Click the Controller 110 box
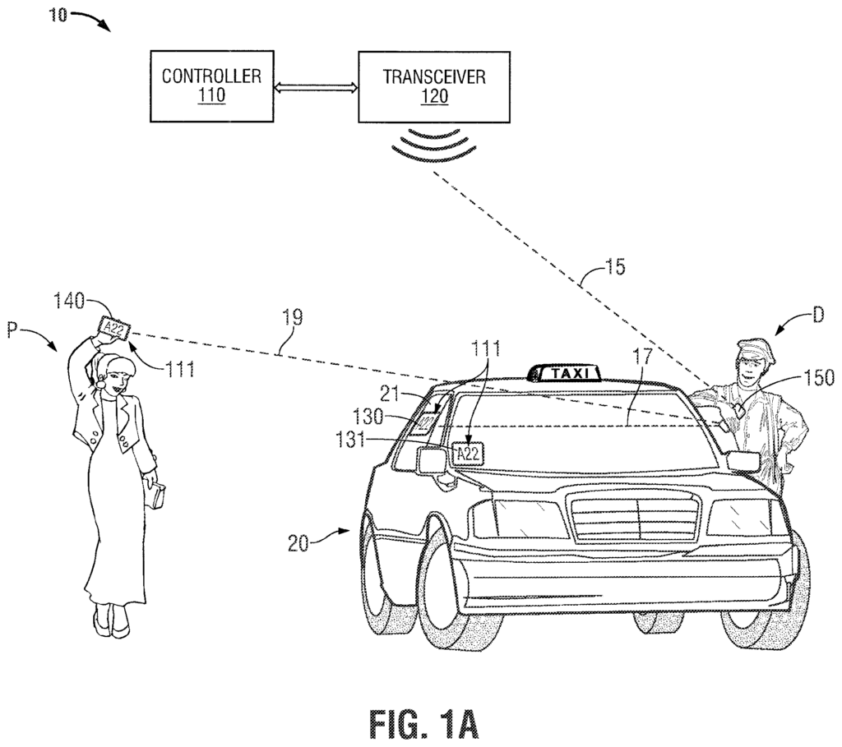pyautogui.click(x=212, y=86)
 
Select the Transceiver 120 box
pyautogui.click(x=434, y=86)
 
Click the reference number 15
pyautogui.click(x=612, y=266)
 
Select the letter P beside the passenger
pyautogui.click(x=13, y=330)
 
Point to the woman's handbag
pyautogui.click(x=156, y=494)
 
